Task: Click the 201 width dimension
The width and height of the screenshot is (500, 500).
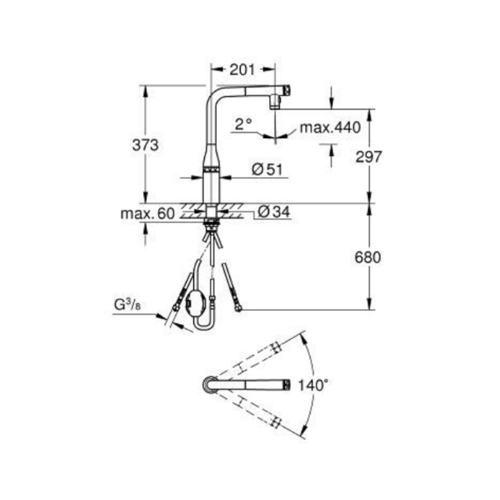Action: point(242,69)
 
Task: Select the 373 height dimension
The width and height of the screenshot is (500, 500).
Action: point(145,145)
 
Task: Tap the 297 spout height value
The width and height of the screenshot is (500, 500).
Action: point(368,156)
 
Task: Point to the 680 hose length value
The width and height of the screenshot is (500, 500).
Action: point(367,257)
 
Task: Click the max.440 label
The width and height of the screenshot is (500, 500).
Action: point(330,127)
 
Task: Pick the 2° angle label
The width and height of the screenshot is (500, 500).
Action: point(243,124)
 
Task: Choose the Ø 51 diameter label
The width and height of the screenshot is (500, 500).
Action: point(267,169)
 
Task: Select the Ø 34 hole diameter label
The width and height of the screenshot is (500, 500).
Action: point(274,211)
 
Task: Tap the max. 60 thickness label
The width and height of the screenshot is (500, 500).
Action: point(147,213)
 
